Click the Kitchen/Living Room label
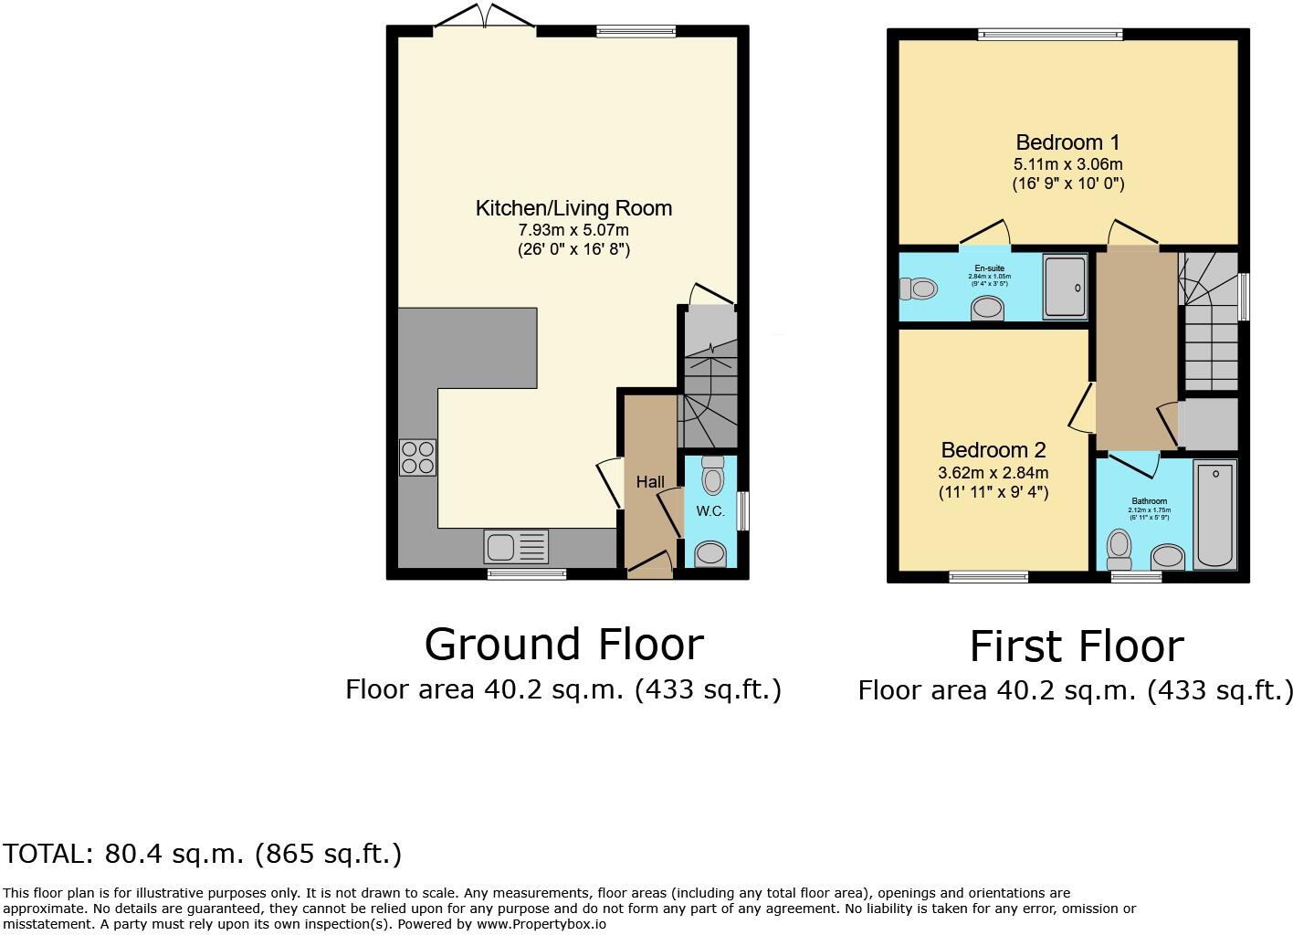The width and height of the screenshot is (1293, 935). (573, 208)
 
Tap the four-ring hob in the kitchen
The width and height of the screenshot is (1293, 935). (417, 457)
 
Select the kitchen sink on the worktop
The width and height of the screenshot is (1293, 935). (517, 548)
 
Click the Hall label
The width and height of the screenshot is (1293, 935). (650, 481)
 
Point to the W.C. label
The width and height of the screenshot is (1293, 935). (710, 511)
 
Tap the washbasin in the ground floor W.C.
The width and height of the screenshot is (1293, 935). (710, 553)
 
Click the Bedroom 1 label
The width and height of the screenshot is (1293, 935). (1067, 142)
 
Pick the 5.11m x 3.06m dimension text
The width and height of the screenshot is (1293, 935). (1067, 165)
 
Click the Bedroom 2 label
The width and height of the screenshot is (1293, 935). (993, 450)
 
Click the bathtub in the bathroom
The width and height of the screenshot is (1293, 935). (1214, 515)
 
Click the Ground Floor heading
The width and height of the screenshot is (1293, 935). (563, 645)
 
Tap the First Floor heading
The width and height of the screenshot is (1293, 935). (1076, 646)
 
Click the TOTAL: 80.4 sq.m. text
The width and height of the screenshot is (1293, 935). (202, 854)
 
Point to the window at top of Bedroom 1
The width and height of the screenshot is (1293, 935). (1050, 35)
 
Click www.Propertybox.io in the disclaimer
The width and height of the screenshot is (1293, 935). (541, 923)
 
